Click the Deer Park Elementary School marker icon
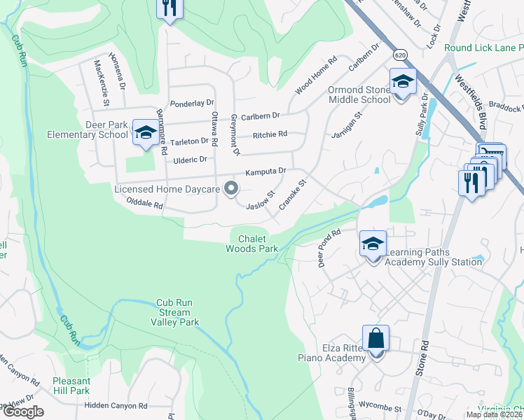(x=146, y=132)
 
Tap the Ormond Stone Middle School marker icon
(x=403, y=82)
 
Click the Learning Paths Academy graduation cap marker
(x=373, y=244)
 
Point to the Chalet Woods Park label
(x=252, y=244)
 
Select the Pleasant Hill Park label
(x=71, y=386)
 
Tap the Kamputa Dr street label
(x=266, y=171)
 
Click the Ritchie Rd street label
(x=270, y=134)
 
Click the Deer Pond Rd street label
(x=329, y=248)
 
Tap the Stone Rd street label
(x=421, y=360)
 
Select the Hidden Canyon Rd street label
(x=116, y=405)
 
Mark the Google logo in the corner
(x=22, y=412)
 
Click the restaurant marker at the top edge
(x=169, y=9)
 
